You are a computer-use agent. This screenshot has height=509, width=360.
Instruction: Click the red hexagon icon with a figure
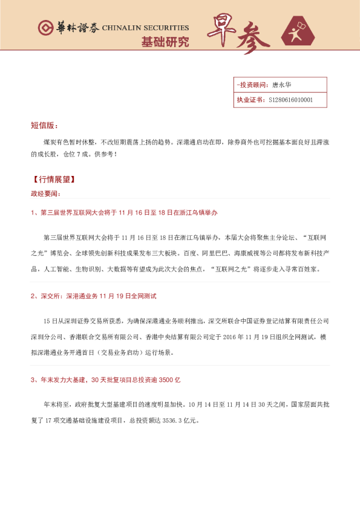(x=299, y=32)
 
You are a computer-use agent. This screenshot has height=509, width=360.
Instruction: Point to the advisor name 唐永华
(x=282, y=85)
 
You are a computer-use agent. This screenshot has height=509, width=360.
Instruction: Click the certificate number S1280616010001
(x=290, y=100)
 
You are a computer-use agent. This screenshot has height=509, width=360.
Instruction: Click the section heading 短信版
(x=44, y=126)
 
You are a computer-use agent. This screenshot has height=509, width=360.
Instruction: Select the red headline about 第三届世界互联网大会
(x=124, y=213)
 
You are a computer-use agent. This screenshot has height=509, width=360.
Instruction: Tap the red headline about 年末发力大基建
(x=106, y=380)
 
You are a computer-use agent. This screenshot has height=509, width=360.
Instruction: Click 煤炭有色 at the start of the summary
(x=53, y=143)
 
